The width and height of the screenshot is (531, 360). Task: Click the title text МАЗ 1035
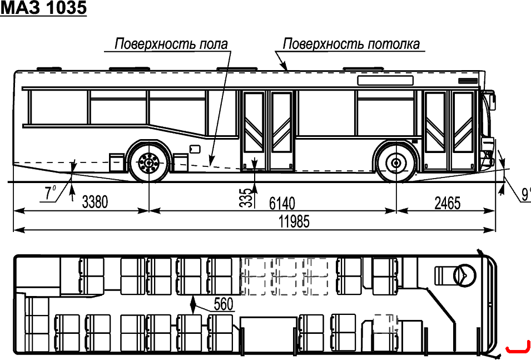point(43,8)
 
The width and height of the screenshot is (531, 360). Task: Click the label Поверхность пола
point(171,44)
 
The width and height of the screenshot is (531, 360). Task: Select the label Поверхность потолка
point(351,44)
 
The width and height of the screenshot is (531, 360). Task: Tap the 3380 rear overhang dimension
point(95,202)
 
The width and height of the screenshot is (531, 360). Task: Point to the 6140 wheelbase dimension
point(282,204)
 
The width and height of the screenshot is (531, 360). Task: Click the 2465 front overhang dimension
point(448,204)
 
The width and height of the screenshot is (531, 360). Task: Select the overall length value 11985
point(294,221)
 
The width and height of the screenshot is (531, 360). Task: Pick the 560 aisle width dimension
point(224,304)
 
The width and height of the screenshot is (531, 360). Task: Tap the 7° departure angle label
point(50,193)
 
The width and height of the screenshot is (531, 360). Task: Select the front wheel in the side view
point(396,163)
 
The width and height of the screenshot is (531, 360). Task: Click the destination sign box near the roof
point(385,80)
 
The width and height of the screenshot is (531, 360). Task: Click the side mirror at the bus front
point(491,100)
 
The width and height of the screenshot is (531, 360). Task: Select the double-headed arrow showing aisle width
point(193,304)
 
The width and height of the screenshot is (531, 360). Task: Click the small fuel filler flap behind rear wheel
point(195,149)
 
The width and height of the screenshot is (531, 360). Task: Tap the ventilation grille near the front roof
point(468,81)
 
